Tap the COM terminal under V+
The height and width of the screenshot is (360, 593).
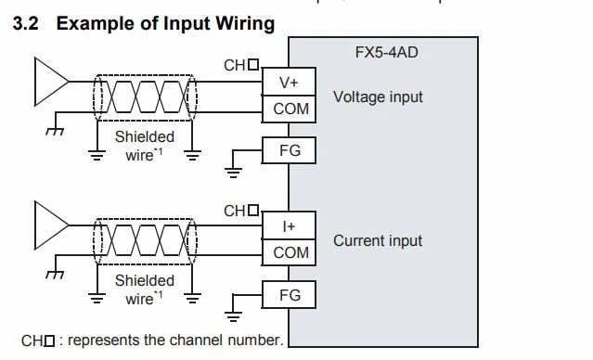[290, 109]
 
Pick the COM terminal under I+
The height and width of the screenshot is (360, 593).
[290, 252]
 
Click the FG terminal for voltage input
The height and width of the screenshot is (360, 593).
[290, 150]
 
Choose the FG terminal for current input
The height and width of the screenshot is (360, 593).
[290, 295]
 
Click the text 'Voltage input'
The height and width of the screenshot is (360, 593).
[378, 96]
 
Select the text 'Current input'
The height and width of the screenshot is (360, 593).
[378, 240]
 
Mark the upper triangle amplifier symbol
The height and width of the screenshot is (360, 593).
[49, 78]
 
